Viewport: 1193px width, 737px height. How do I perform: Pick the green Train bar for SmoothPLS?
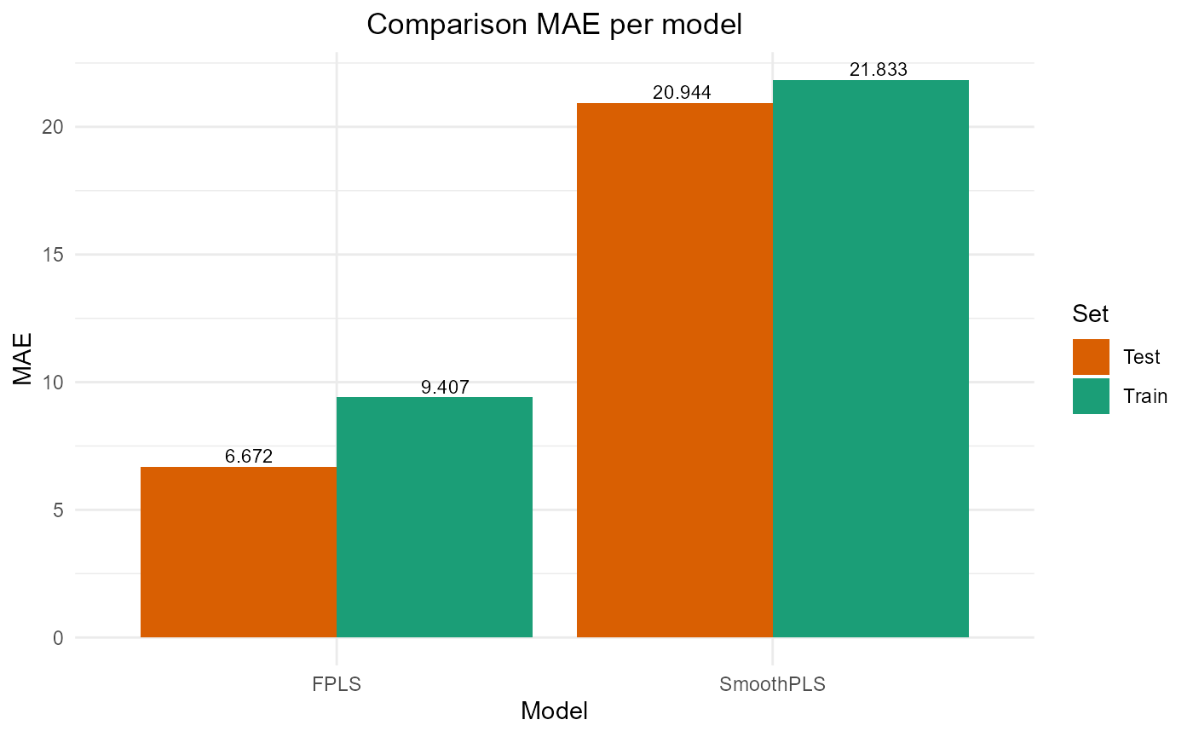coord(871,359)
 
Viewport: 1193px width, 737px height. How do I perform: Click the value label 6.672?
coord(249,457)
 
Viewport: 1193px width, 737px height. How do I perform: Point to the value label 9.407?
coord(445,388)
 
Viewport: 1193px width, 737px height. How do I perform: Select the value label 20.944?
coord(682,93)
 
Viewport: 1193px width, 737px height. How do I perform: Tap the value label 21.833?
coord(878,71)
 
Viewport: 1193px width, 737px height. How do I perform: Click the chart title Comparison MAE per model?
coord(555,25)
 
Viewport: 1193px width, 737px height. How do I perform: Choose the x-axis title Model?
coord(554,711)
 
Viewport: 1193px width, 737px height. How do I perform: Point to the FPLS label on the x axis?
coord(337,684)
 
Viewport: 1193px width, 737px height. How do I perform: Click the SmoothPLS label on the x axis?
coord(773,684)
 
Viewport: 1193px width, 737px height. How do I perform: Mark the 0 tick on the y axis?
coord(57,638)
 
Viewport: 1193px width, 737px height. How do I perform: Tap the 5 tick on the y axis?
coord(57,510)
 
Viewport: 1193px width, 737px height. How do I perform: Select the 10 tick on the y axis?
coord(53,383)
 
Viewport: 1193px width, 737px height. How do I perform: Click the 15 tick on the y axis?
coord(53,255)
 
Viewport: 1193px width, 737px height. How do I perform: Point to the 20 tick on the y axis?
coord(53,127)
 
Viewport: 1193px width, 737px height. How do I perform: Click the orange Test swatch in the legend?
coord(1091,357)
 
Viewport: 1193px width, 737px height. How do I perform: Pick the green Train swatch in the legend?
coord(1091,396)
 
